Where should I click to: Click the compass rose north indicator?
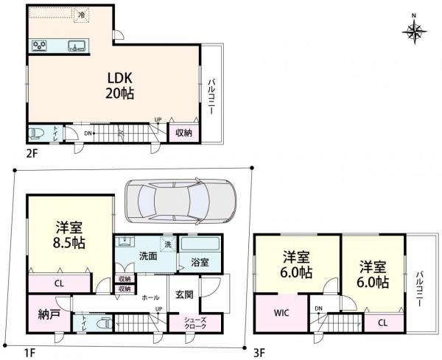(414, 31)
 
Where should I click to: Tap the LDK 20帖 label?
(120, 85)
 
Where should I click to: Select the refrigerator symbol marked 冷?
(82, 15)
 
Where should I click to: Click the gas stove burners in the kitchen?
(40, 46)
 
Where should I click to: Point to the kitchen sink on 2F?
(77, 46)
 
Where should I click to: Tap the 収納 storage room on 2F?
(184, 133)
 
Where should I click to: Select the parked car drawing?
(180, 201)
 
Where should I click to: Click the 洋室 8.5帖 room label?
(69, 235)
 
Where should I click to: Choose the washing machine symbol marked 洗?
(168, 244)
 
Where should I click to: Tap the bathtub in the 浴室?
(200, 244)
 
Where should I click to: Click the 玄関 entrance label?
(184, 294)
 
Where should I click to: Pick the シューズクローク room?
(195, 324)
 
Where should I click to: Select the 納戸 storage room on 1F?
(49, 314)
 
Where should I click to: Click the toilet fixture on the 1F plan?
(103, 323)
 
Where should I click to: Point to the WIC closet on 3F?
(281, 313)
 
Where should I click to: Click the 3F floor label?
(259, 353)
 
